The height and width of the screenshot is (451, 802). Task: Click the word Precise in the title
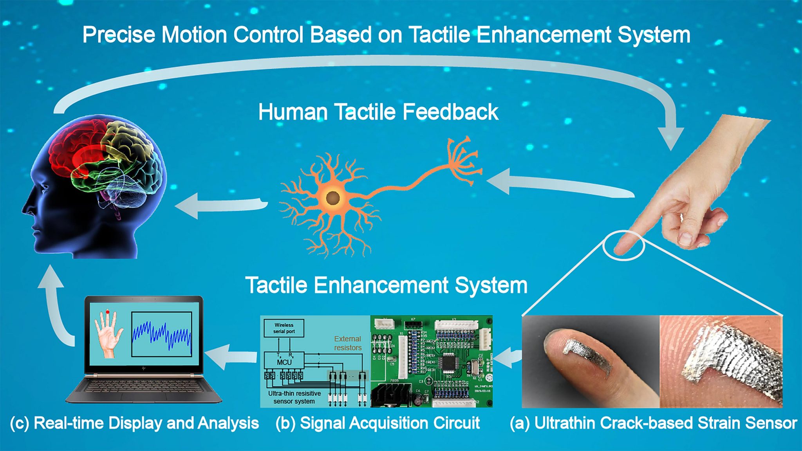pyautogui.click(x=119, y=35)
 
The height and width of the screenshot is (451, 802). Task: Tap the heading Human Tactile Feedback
pyautogui.click(x=378, y=112)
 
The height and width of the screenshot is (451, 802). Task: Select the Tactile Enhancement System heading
pyautogui.click(x=386, y=285)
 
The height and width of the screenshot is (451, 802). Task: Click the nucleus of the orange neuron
pyautogui.click(x=333, y=198)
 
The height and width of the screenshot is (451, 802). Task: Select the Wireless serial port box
pyautogui.click(x=284, y=328)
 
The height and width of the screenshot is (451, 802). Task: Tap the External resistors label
pyautogui.click(x=347, y=343)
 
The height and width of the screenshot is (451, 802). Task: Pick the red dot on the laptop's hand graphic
pyautogui.click(x=108, y=312)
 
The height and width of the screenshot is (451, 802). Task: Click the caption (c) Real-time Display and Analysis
pyautogui.click(x=134, y=423)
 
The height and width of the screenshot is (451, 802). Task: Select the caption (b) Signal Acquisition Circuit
pyautogui.click(x=378, y=423)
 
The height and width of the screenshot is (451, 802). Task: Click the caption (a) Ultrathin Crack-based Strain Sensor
pyautogui.click(x=653, y=423)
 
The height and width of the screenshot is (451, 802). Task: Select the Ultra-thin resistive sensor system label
pyautogui.click(x=294, y=397)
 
